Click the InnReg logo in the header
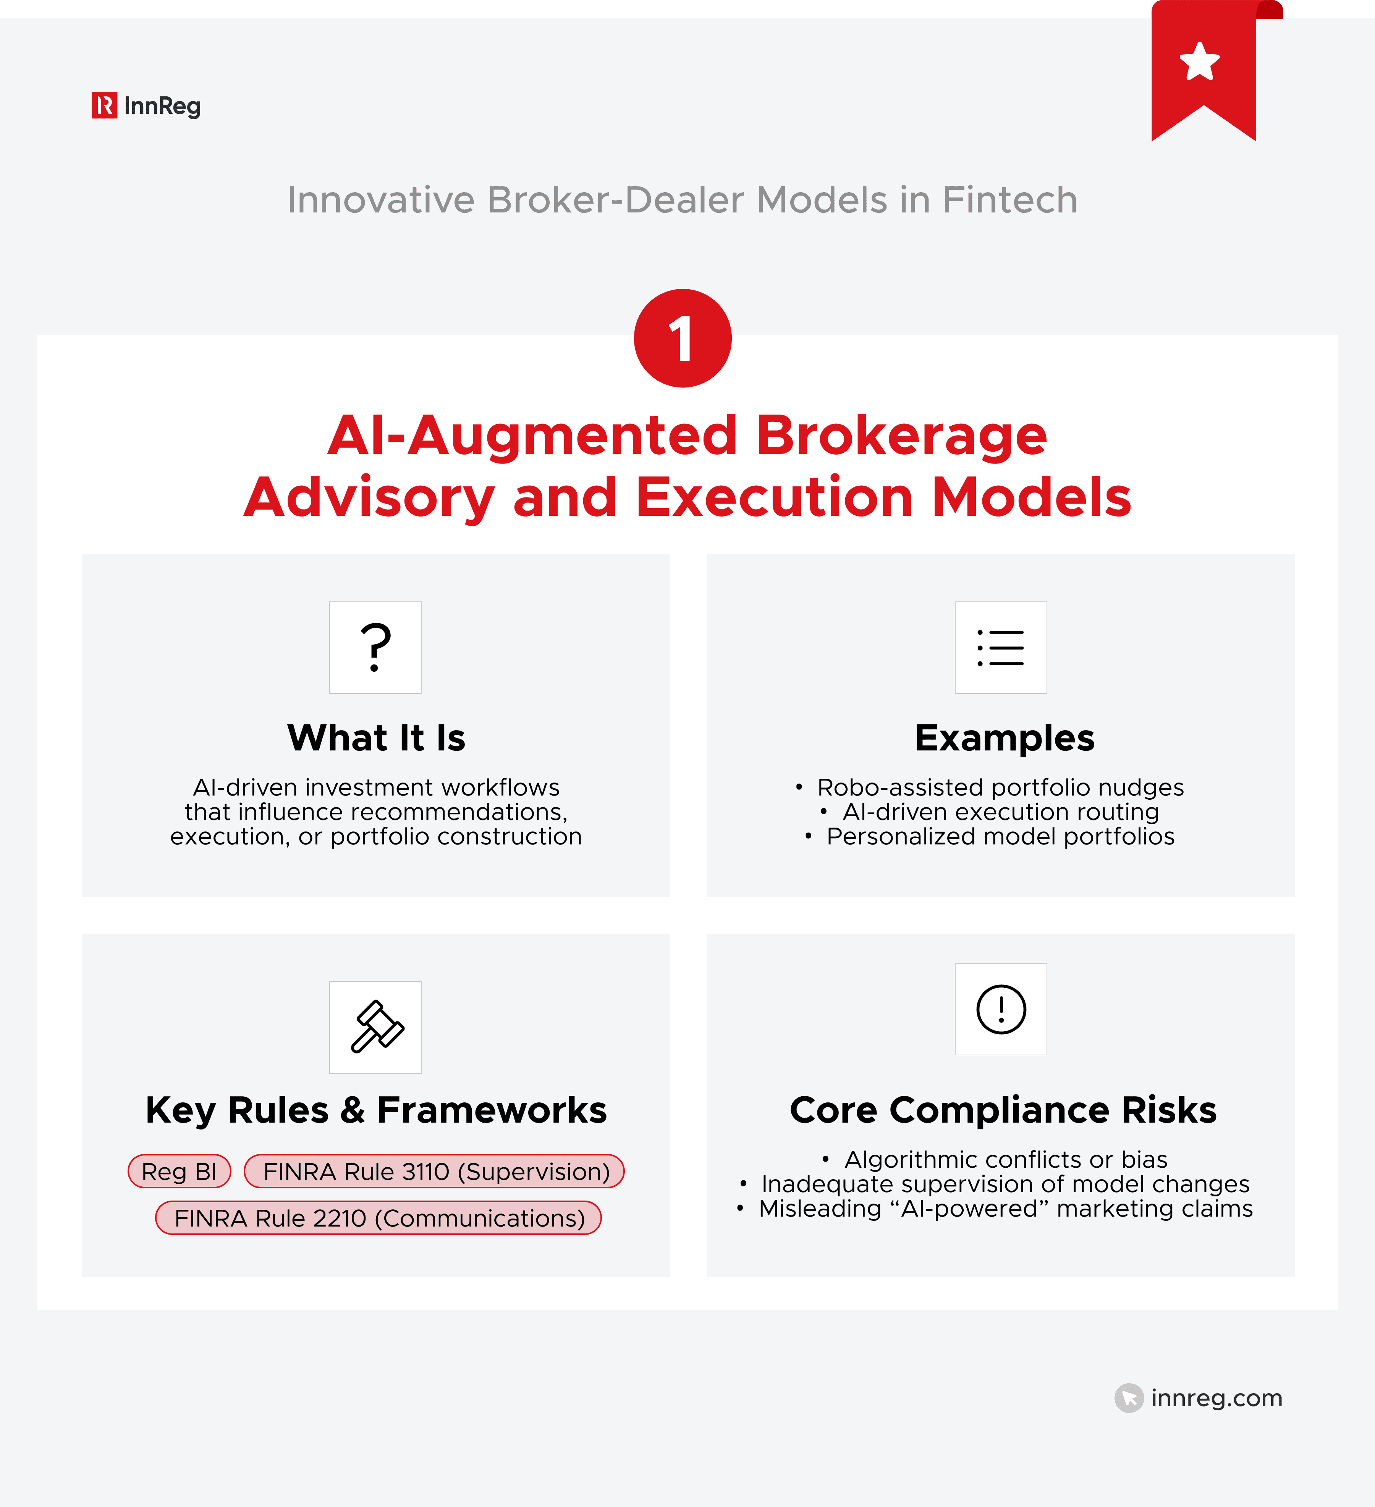[146, 105]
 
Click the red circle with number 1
[682, 338]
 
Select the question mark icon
[375, 647]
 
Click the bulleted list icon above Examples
[1001, 647]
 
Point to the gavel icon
[375, 1027]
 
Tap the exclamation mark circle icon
[1001, 1009]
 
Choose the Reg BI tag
[180, 1172]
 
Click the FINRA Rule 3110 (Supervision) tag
[434, 1172]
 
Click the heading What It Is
[376, 738]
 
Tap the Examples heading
[1005, 738]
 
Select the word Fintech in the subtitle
[1009, 200]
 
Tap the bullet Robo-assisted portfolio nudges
[1000, 787]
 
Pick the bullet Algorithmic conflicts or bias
[1005, 1159]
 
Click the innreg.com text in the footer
[1216, 1398]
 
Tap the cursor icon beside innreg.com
[1128, 1398]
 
